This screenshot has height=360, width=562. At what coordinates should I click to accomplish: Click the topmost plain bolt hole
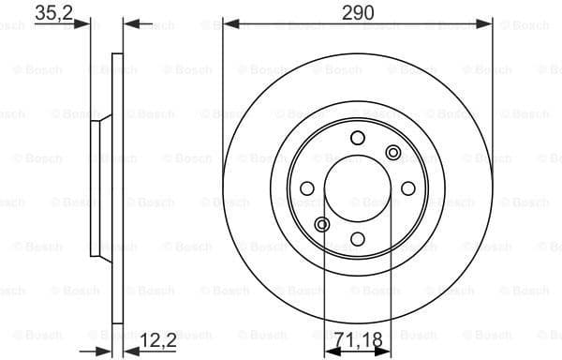[357, 139]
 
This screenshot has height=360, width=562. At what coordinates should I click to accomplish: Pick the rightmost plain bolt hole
[407, 188]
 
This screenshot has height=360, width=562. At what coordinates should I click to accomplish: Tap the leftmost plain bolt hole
[307, 188]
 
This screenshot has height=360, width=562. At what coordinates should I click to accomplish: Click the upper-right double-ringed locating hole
[392, 153]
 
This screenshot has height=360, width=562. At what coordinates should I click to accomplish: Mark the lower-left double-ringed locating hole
[322, 224]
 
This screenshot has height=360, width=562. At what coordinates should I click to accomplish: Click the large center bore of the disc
[357, 188]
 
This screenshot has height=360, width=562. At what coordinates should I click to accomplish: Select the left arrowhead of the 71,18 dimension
[329, 349]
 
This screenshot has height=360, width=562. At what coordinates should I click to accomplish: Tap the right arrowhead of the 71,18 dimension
[385, 349]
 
